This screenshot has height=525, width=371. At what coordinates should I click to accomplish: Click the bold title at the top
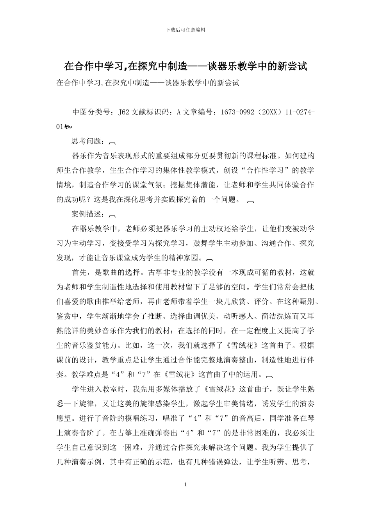(x=185, y=66)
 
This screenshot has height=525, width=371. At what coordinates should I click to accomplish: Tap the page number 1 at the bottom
(x=185, y=485)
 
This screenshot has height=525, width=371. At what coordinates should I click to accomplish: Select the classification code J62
(x=124, y=112)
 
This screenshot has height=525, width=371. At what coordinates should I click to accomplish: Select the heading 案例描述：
(x=88, y=214)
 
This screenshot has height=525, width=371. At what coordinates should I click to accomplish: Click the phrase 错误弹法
(x=222, y=462)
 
